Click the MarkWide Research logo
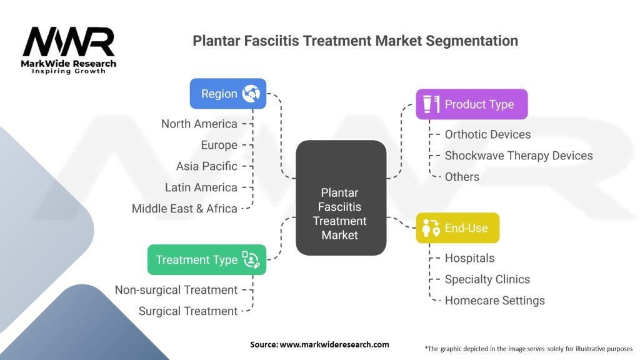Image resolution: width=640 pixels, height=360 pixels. (x=69, y=50)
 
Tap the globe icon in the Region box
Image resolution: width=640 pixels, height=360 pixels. (x=252, y=94)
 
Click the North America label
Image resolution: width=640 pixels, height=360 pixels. (x=199, y=124)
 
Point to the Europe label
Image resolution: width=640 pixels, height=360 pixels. (x=219, y=145)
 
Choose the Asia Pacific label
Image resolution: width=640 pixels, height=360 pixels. (x=207, y=166)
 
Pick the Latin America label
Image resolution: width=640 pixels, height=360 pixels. (x=201, y=187)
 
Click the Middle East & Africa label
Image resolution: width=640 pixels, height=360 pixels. (x=184, y=209)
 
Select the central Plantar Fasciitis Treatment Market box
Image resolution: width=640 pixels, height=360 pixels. (x=340, y=197)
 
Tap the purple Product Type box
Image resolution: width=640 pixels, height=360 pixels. (x=472, y=104)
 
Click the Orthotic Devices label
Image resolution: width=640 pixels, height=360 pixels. (x=487, y=134)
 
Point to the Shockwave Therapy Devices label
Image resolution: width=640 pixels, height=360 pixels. (x=518, y=156)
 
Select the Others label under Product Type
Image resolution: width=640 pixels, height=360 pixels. (x=462, y=177)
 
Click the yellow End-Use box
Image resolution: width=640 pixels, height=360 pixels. (x=458, y=228)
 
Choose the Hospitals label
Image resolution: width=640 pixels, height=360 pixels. (x=469, y=258)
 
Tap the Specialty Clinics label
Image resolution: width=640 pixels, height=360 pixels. (x=487, y=279)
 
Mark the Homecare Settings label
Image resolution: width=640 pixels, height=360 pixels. (x=494, y=301)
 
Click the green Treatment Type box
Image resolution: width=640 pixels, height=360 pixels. (x=207, y=260)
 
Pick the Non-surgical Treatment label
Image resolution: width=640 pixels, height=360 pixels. (x=176, y=290)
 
